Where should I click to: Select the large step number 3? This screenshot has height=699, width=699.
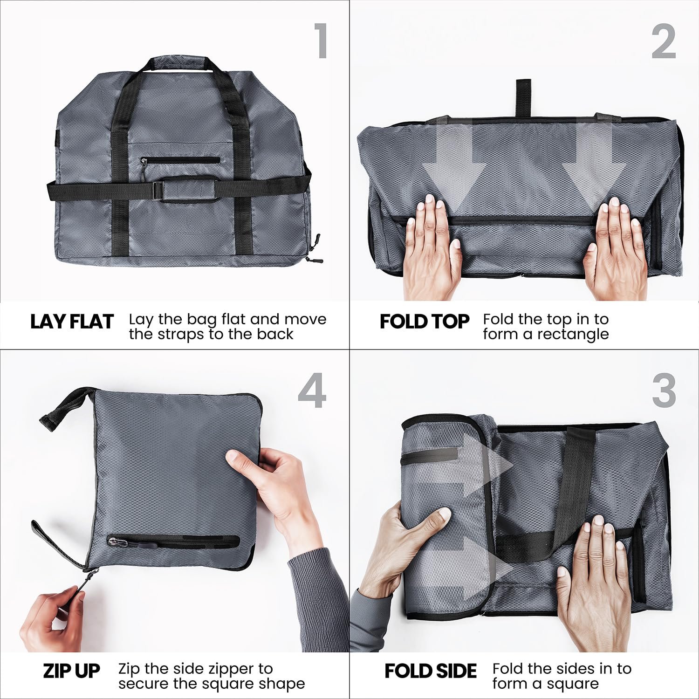[x=664, y=391]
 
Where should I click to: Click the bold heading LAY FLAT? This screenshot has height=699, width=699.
[x=72, y=322]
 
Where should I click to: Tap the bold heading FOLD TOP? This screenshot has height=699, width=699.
[x=425, y=322]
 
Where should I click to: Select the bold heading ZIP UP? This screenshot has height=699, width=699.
[x=71, y=671]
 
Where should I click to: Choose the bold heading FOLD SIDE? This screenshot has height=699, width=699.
[x=431, y=671]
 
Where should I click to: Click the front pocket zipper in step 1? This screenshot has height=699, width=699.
[x=180, y=160]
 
